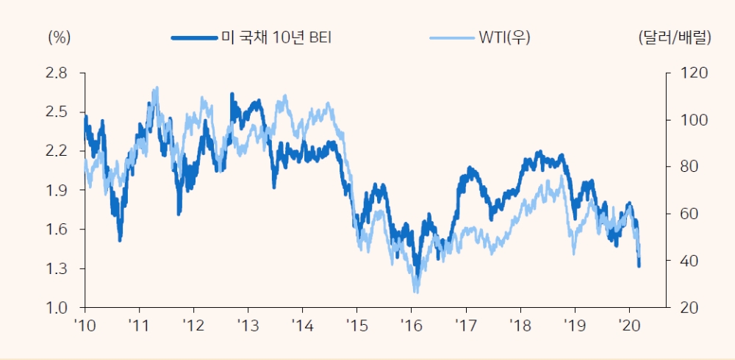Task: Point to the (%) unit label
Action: tap(59, 37)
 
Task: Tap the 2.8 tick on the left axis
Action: tap(57, 73)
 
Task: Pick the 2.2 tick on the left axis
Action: tap(57, 151)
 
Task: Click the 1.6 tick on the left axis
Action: tap(57, 229)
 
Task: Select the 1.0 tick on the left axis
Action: tap(57, 308)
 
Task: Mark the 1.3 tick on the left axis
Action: tap(57, 269)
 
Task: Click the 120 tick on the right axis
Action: tap(686, 73)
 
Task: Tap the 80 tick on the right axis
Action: tap(683, 167)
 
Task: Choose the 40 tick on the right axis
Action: tap(683, 261)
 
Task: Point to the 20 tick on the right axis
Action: tap(683, 308)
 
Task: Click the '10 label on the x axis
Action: tap(85, 325)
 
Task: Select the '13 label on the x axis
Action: tap(248, 325)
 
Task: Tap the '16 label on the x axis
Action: tap(411, 325)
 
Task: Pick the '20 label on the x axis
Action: tap(628, 325)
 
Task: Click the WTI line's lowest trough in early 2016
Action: tap(416, 292)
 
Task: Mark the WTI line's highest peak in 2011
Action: tap(156, 87)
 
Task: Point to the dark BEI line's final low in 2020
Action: tap(639, 265)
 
